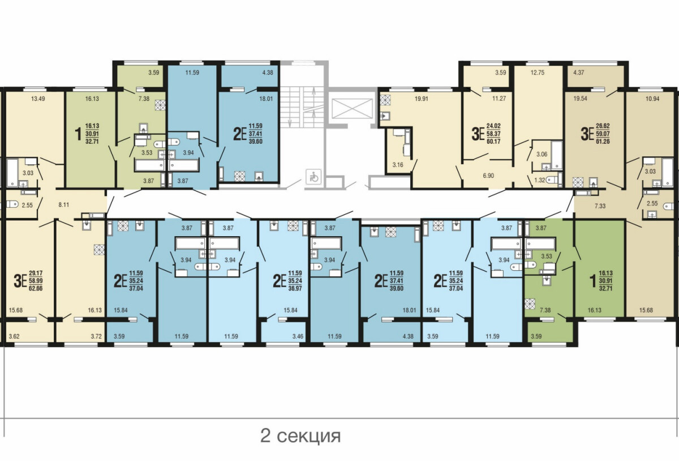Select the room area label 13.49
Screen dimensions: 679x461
38,99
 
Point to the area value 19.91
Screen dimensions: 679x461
422,99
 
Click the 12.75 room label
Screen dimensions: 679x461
538,72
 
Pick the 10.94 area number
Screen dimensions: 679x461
652,99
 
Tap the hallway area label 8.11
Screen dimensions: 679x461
63,204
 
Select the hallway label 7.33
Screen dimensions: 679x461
600,206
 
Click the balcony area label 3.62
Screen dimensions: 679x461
14,336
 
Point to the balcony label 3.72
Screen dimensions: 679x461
96,336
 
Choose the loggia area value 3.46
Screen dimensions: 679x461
298,336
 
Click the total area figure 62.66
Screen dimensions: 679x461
36,288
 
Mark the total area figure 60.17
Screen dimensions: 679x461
493,141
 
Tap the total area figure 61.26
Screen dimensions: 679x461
603,141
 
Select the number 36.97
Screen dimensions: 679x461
295,288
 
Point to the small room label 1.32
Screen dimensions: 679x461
540,180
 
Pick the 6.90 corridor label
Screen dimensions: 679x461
488,176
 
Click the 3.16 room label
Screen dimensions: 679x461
398,165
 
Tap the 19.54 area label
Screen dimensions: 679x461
580,99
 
